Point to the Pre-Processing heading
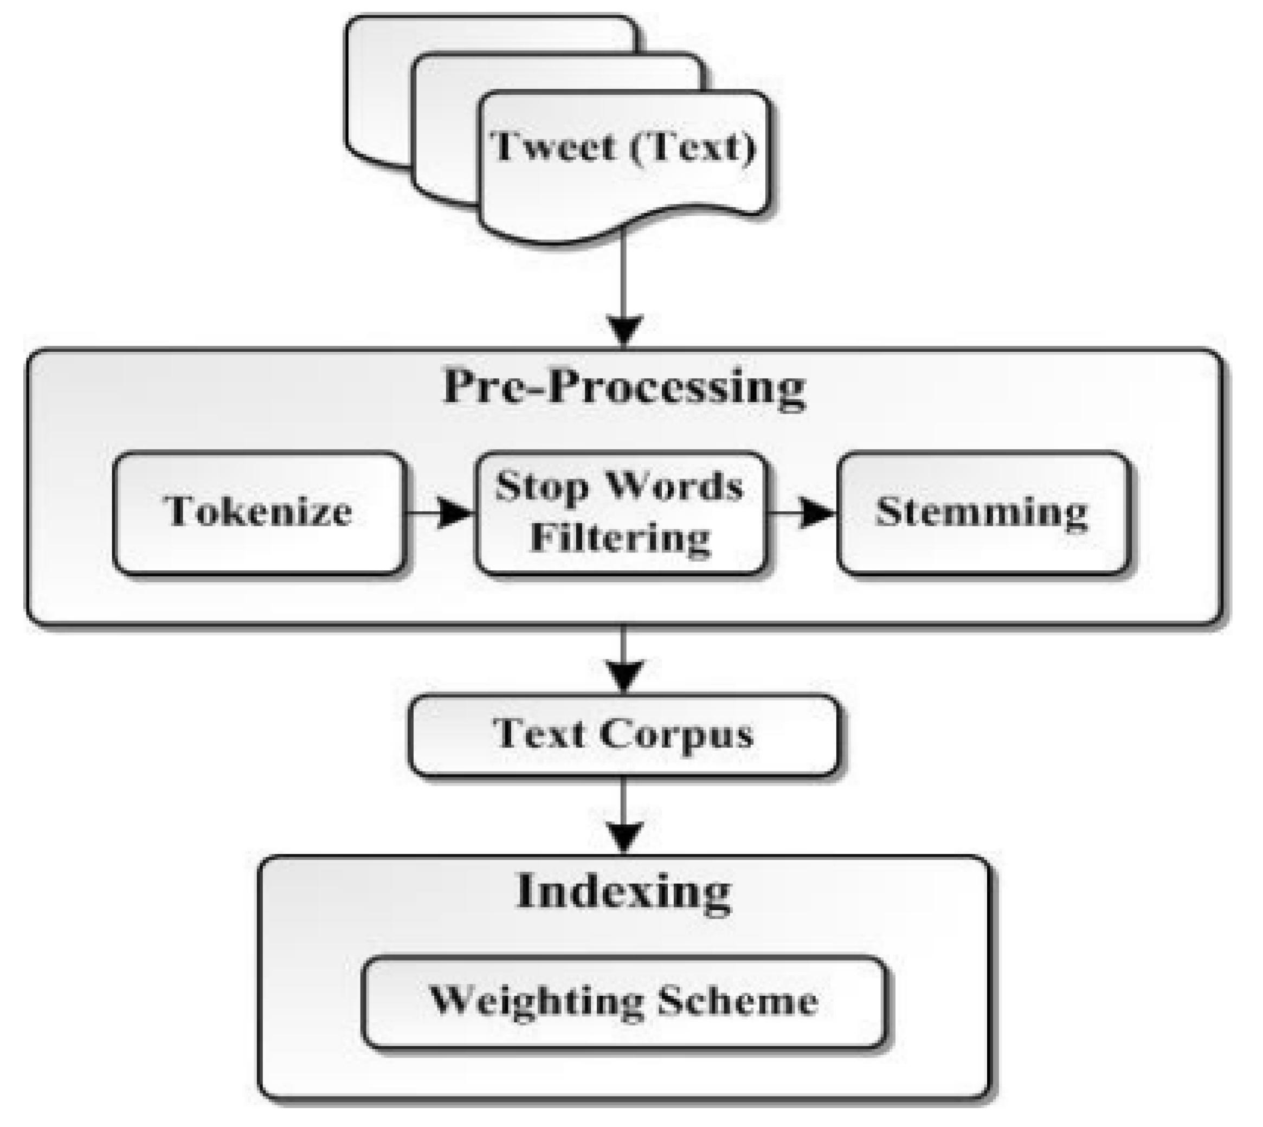[x=624, y=387]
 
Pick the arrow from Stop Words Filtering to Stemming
[x=802, y=513]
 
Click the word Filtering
[x=620, y=538]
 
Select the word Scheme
[x=737, y=1002]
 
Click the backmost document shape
[x=378, y=93]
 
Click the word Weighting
[x=536, y=1002]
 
